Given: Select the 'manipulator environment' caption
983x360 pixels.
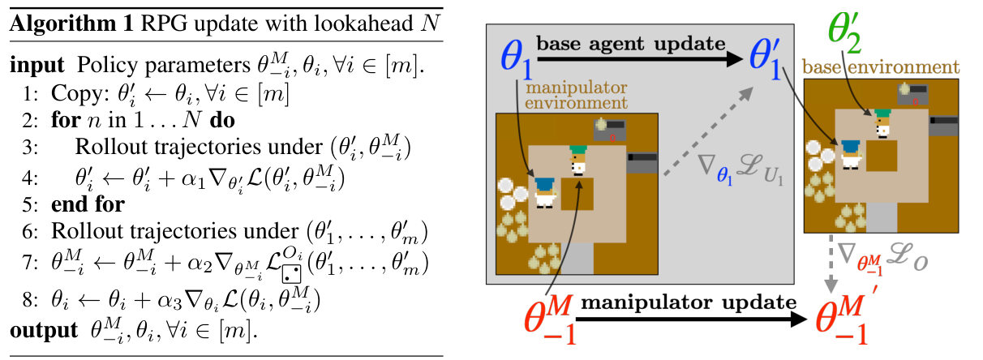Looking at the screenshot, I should [576, 95].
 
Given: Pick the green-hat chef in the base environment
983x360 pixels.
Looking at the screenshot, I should [882, 123].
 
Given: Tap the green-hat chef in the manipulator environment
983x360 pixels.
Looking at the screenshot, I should [578, 160].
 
